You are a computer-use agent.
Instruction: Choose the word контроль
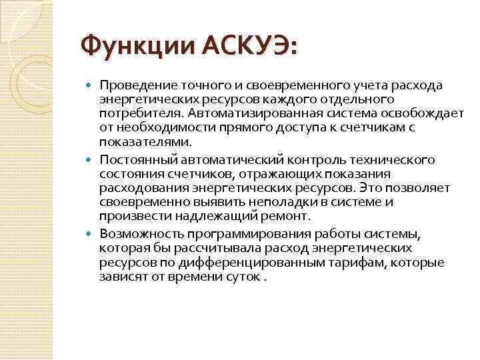click(x=317, y=160)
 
